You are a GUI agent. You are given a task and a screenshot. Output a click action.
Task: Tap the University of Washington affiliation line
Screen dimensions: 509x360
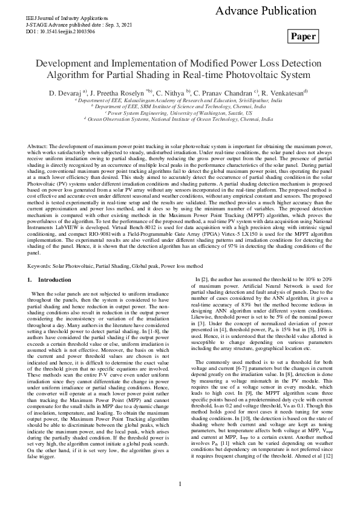tap(180, 113)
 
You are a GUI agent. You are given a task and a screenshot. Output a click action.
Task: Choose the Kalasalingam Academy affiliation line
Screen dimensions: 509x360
tap(180, 100)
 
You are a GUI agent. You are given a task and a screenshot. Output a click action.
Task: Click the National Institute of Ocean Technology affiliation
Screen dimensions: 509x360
tap(180, 120)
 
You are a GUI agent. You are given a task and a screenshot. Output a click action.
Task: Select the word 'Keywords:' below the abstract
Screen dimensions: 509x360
tap(40, 265)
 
